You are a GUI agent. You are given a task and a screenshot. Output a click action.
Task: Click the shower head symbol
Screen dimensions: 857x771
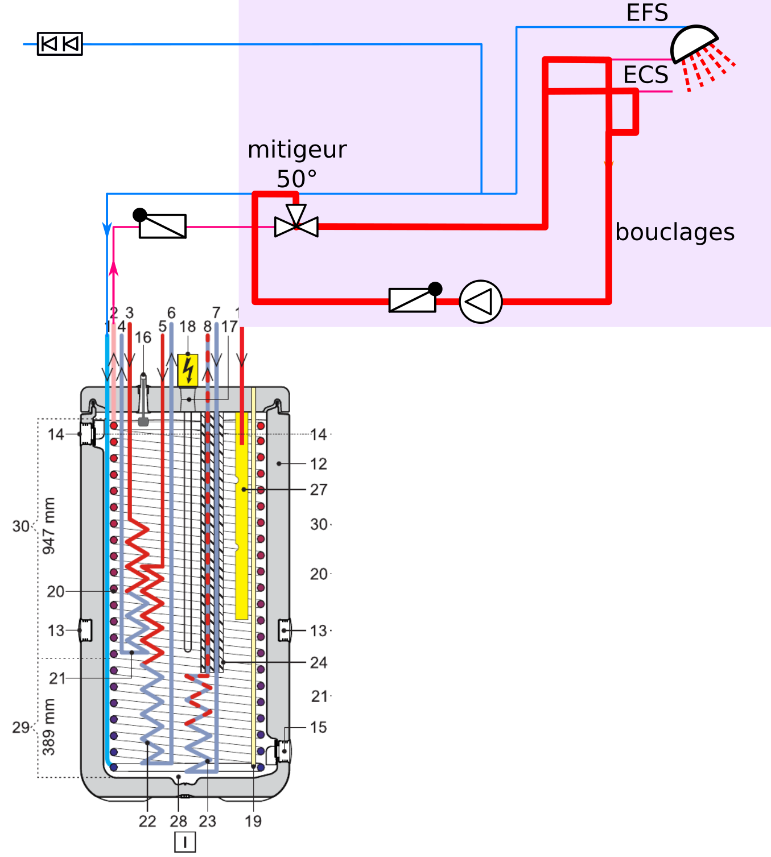693,44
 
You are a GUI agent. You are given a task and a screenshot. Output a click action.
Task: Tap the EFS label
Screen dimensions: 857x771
647,13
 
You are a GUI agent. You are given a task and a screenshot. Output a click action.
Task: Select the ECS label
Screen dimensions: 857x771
646,75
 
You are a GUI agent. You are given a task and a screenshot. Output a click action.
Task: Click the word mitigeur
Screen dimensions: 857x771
297,150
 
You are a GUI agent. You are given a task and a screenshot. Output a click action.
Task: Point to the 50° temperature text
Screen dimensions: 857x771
296,179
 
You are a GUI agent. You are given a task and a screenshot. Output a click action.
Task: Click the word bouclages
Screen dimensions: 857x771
675,232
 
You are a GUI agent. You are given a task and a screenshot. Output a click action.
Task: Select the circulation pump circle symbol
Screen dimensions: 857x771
480,302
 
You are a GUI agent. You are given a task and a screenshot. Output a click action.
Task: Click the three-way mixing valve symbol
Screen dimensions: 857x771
296,224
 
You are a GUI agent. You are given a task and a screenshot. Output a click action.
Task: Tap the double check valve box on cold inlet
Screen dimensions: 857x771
60,44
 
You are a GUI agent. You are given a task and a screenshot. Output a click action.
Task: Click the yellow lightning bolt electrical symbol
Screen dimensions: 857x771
188,370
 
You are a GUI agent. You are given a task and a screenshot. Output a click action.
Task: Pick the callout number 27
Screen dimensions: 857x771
319,490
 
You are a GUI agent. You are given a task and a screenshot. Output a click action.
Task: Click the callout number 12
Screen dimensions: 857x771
319,464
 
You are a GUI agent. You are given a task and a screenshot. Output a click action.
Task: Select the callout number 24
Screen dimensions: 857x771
319,662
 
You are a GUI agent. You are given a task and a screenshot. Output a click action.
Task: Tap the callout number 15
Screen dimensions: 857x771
319,727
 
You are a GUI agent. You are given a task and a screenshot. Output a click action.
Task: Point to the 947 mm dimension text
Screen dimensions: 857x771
49,526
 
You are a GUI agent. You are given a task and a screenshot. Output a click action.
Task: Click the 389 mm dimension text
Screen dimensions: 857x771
49,727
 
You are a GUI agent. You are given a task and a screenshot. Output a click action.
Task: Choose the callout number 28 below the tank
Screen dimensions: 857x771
178,821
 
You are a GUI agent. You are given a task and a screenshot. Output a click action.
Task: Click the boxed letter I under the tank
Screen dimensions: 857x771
185,842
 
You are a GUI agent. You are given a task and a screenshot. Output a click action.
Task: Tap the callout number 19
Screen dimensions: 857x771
253,821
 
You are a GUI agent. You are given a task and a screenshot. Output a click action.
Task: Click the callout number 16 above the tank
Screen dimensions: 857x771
143,337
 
